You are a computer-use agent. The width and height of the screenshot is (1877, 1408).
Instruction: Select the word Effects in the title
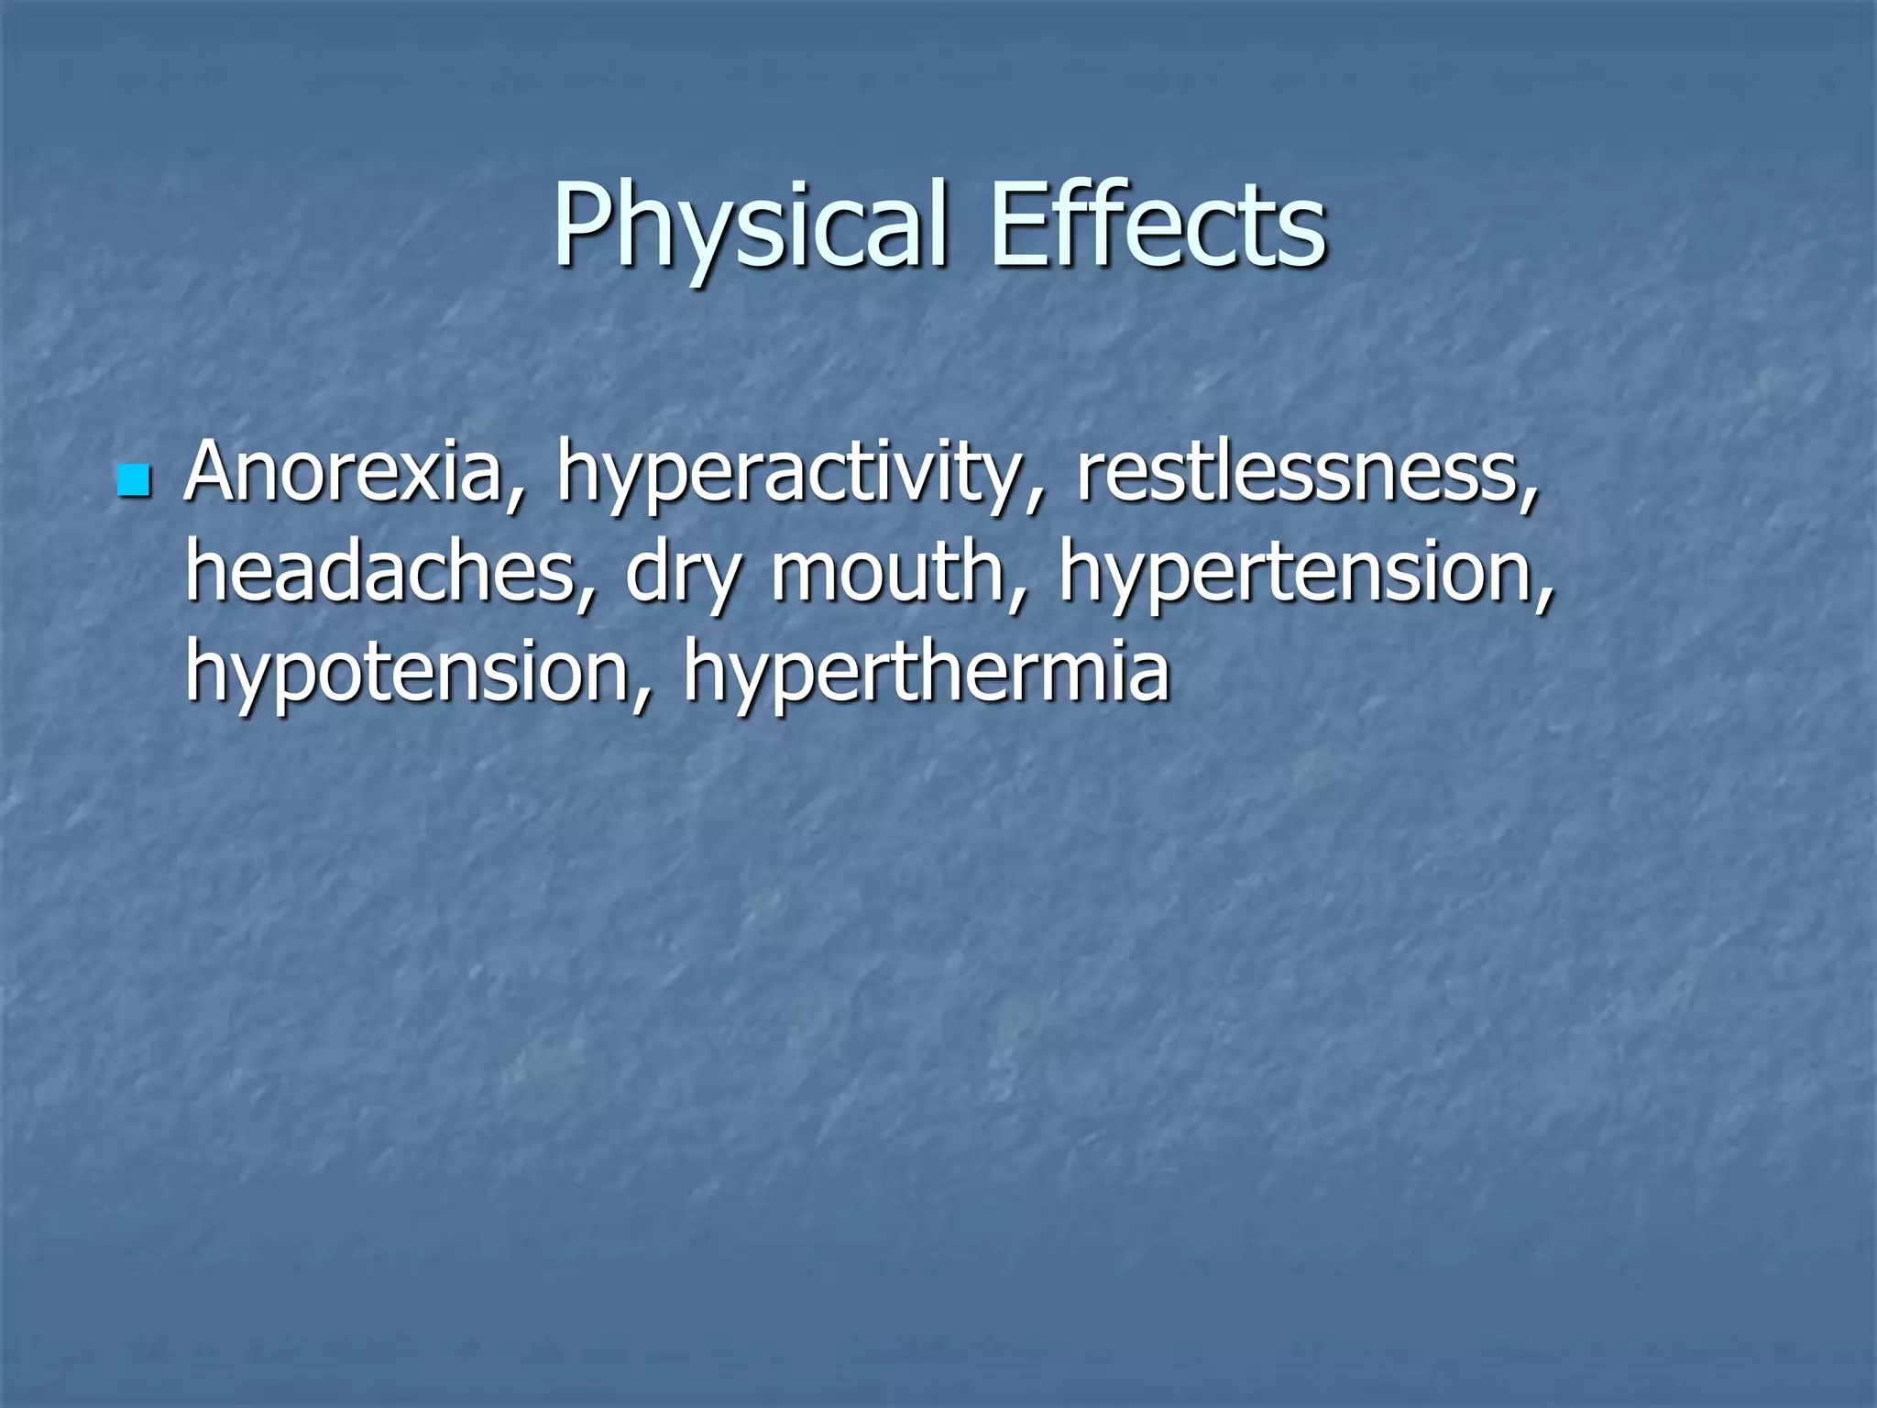point(1158,225)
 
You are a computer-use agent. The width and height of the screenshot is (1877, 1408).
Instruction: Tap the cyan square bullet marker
point(134,480)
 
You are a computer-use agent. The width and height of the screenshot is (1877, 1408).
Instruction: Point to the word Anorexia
point(345,473)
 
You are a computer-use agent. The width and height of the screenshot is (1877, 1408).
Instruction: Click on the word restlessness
point(1294,473)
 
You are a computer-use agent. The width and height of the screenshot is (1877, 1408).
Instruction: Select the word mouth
point(887,573)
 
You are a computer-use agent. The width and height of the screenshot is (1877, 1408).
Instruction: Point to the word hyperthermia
point(926,676)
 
